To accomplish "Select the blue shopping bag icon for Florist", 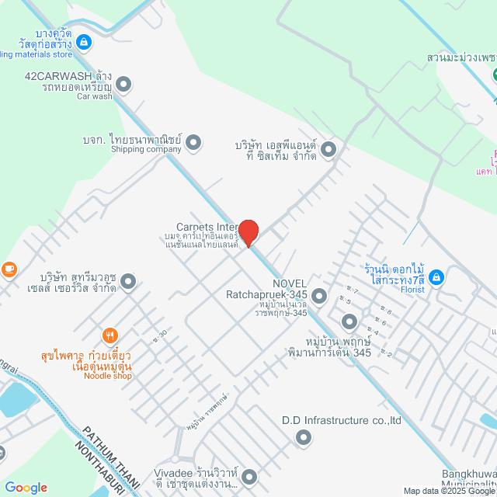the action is [436, 276].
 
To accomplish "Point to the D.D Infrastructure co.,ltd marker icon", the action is [303, 439].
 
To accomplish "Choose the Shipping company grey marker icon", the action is [193, 141].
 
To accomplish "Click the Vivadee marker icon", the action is [250, 476].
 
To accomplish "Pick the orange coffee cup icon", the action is [9, 269].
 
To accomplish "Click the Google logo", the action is [26, 488].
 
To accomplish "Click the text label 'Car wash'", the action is [94, 96].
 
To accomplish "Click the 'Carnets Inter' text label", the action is [206, 227].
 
